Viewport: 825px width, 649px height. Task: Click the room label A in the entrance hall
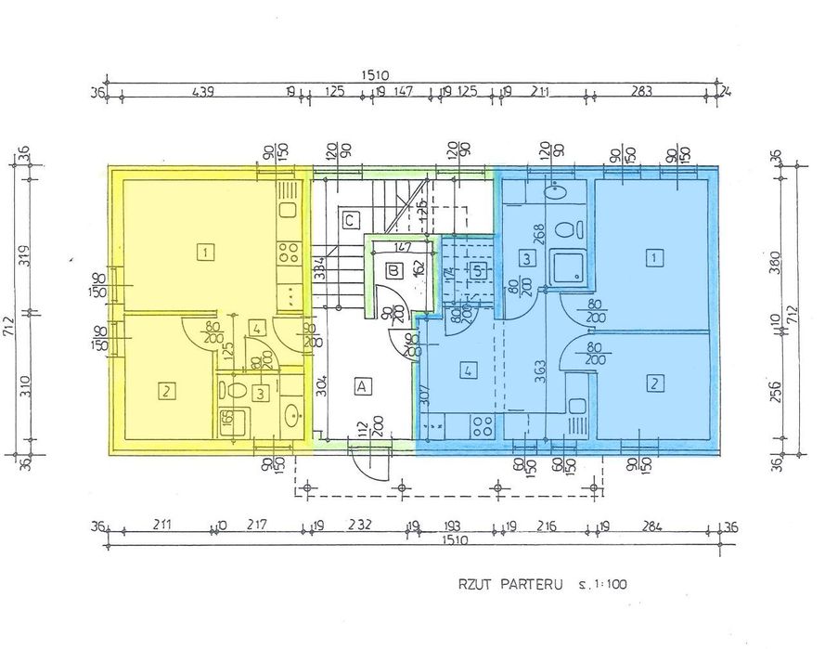(x=362, y=384)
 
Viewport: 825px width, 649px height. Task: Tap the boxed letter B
(x=393, y=271)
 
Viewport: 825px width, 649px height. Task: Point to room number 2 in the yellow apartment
(x=166, y=392)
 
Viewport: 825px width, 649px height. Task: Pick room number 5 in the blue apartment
(x=478, y=271)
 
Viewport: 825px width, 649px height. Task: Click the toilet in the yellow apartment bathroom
(x=236, y=391)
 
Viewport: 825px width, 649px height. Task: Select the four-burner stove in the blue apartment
(x=483, y=426)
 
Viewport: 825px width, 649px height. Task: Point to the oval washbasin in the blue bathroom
(x=556, y=193)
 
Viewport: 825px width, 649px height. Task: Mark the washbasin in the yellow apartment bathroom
(x=291, y=413)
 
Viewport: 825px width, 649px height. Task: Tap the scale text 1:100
(x=615, y=586)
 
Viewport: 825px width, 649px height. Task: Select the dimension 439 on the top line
(x=202, y=91)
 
